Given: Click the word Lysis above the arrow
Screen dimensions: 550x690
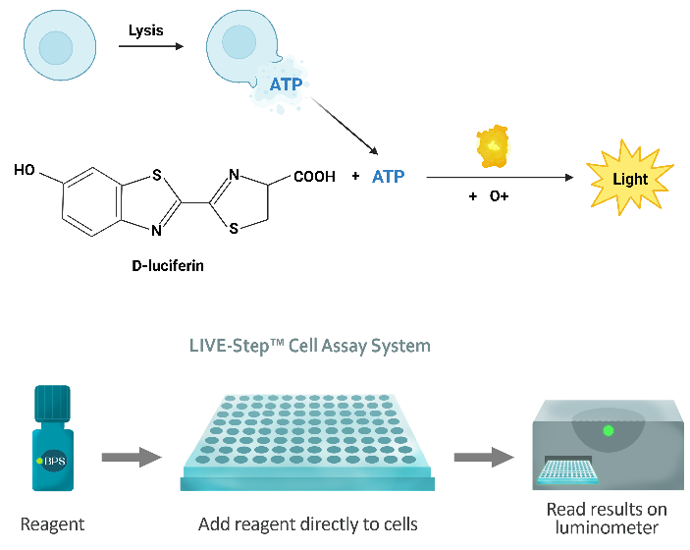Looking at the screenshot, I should (145, 30).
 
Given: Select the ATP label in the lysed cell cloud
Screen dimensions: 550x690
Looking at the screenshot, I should (287, 85).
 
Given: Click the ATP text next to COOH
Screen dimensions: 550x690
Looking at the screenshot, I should (389, 177).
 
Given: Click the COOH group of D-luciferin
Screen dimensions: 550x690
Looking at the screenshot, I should (314, 177).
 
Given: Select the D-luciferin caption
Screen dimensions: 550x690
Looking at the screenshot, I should (167, 264).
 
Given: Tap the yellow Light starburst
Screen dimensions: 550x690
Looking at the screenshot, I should (629, 178).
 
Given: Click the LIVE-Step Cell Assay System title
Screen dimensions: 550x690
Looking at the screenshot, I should (309, 346).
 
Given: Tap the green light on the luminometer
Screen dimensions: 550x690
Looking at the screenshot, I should (608, 430).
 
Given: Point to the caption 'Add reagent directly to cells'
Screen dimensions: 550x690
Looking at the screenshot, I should (307, 524).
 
